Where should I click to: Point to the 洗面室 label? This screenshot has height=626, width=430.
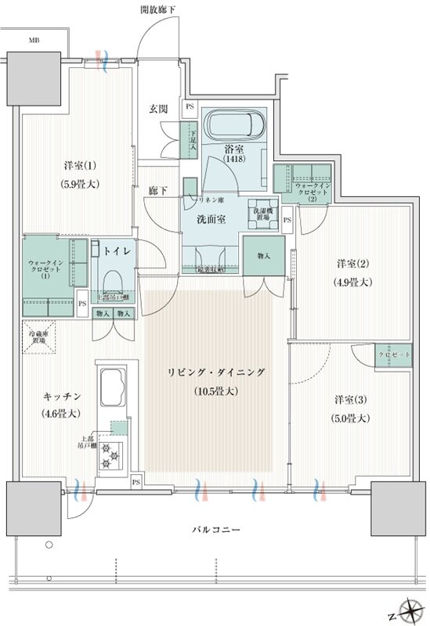pyautogui.click(x=211, y=220)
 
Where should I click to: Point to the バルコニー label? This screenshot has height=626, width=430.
pyautogui.click(x=215, y=531)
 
